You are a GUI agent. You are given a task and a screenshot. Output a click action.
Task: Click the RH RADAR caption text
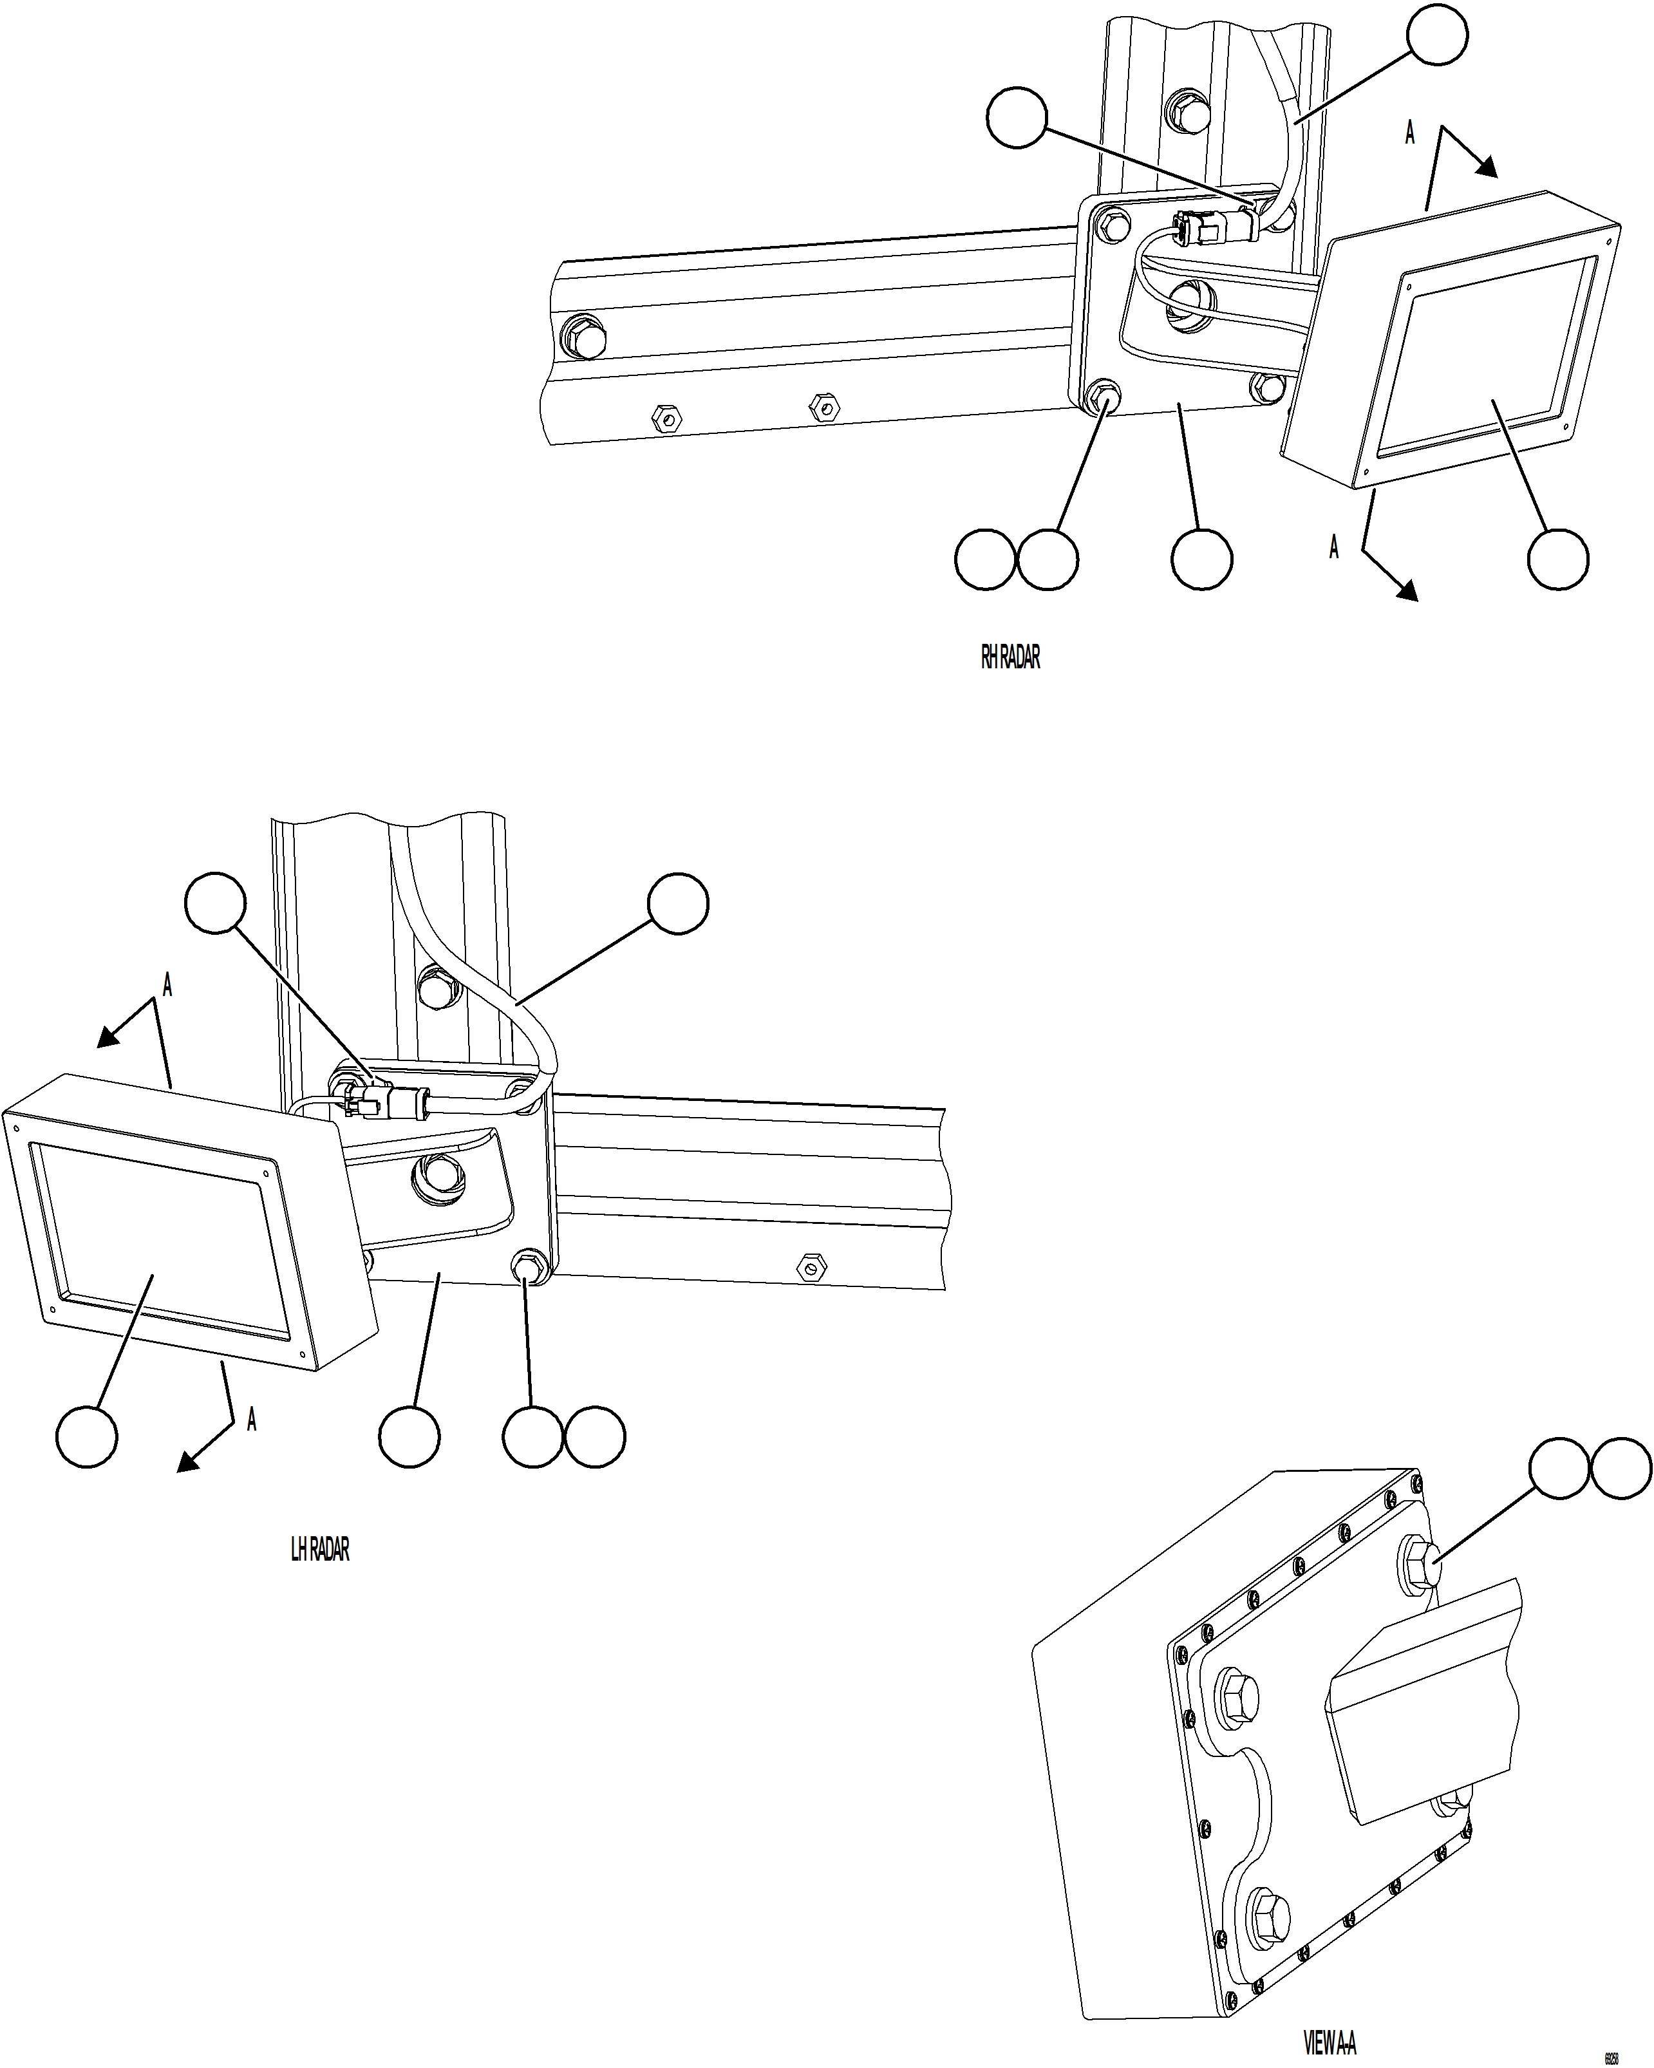pyautogui.click(x=1010, y=658)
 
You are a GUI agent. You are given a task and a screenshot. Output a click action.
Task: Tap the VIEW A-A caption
pyautogui.click(x=1330, y=2043)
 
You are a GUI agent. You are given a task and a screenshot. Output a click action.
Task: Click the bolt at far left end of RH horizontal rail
pyautogui.click(x=583, y=337)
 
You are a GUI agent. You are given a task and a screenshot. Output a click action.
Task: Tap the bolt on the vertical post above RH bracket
pyautogui.click(x=1185, y=111)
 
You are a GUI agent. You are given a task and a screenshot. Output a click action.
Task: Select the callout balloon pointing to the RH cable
pyautogui.click(x=1437, y=35)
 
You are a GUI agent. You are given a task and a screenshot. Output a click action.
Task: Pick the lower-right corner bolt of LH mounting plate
pyautogui.click(x=529, y=1264)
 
